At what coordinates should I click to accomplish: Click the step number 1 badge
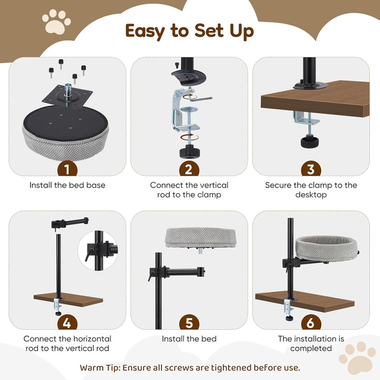pyautogui.click(x=68, y=169)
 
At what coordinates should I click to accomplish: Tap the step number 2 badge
pyautogui.click(x=189, y=169)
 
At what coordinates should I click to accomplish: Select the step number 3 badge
pyautogui.click(x=311, y=169)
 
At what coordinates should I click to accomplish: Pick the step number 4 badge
pyautogui.click(x=68, y=322)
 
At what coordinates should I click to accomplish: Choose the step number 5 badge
pyautogui.click(x=189, y=322)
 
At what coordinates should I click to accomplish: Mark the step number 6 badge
pyautogui.click(x=311, y=322)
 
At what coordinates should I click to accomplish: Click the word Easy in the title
pyautogui.click(x=145, y=31)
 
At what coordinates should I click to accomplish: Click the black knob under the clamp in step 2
pyautogui.click(x=190, y=151)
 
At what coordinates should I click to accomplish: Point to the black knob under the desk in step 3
pyautogui.click(x=309, y=141)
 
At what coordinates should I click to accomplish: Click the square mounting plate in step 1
pyautogui.click(x=67, y=95)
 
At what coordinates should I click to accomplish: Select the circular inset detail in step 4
pyautogui.click(x=98, y=251)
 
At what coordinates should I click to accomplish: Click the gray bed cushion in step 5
pyautogui.click(x=200, y=237)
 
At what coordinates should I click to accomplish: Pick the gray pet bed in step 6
pyautogui.click(x=327, y=249)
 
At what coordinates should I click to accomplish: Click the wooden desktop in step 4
pyautogui.click(x=68, y=300)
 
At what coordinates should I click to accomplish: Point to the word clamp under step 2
pyautogui.click(x=209, y=195)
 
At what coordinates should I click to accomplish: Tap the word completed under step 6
pyautogui.click(x=311, y=348)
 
